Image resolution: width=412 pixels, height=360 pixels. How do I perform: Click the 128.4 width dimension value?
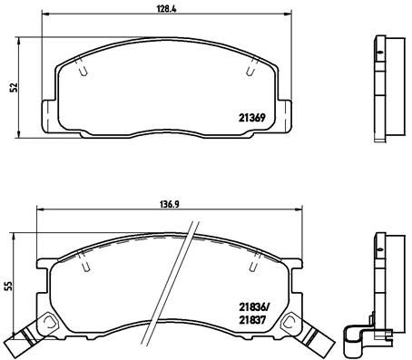[166, 8]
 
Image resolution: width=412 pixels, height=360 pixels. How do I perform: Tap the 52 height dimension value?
[14, 87]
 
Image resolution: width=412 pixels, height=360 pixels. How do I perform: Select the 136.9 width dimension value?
[170, 204]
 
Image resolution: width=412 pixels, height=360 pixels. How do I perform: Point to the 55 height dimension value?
[9, 286]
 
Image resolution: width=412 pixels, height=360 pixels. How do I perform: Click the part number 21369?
[252, 118]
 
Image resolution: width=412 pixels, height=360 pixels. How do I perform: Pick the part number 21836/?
[253, 307]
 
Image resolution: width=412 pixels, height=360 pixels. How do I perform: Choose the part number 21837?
[252, 320]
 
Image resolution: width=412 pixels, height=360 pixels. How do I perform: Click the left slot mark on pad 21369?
[83, 69]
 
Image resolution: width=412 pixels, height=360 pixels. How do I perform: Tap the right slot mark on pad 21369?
[250, 70]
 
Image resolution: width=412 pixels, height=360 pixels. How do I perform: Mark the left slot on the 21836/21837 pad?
[85, 266]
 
